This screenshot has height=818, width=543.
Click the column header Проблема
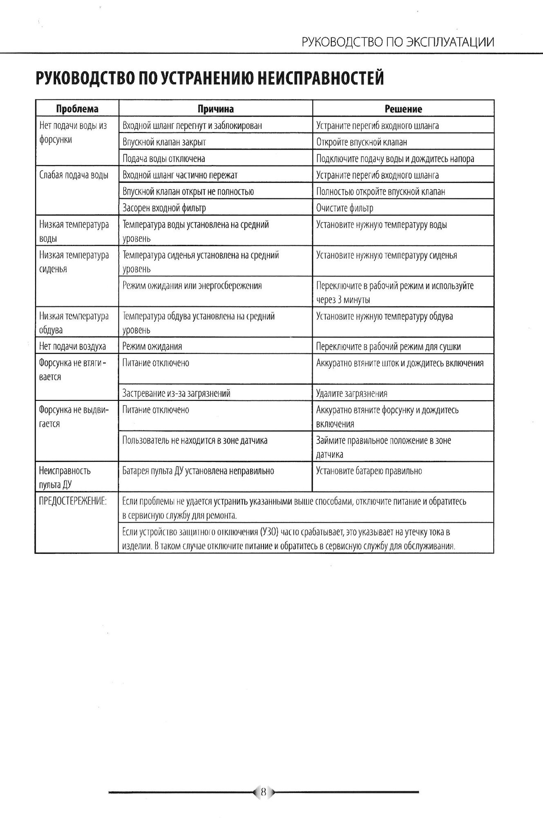[77, 109]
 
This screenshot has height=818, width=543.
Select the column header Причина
[216, 109]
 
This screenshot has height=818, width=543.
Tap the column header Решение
[403, 109]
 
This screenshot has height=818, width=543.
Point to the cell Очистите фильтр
[345, 208]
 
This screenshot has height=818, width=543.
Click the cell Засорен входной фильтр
[164, 208]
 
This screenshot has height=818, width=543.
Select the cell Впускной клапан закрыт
[164, 142]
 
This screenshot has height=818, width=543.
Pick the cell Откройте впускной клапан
[362, 142]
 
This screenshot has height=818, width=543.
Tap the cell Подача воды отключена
[164, 159]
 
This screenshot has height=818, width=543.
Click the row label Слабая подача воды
[74, 175]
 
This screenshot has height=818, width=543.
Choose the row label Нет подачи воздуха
[72, 347]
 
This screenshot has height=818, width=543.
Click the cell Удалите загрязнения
[352, 394]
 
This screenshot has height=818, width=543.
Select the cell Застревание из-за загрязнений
[177, 393]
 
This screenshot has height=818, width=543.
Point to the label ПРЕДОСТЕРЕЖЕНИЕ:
[73, 501]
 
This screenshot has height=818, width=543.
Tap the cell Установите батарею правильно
[369, 471]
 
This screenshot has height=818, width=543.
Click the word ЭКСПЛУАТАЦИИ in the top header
[450, 42]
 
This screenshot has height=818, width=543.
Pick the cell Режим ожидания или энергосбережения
[192, 286]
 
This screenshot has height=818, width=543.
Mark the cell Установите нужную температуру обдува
[384, 317]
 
